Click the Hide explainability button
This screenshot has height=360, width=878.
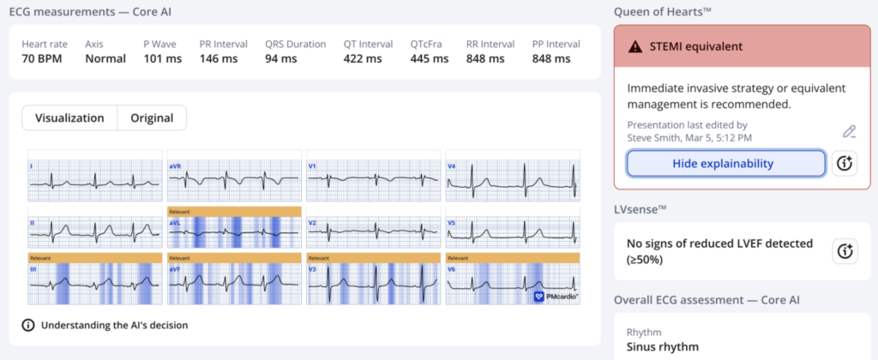click(x=725, y=163)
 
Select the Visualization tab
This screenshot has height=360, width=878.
click(x=69, y=117)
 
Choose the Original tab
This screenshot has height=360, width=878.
click(x=152, y=117)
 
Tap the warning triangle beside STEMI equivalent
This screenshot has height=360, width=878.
click(x=634, y=46)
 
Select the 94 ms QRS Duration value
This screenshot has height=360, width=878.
click(x=281, y=59)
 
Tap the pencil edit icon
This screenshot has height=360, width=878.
click(x=849, y=131)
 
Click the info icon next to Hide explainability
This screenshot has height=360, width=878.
click(x=845, y=163)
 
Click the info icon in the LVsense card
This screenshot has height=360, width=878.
click(x=845, y=251)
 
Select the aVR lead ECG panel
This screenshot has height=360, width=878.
click(x=233, y=177)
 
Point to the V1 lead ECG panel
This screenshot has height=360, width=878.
click(x=373, y=177)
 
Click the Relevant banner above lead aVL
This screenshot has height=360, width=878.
click(x=233, y=211)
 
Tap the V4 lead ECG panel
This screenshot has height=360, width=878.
click(x=513, y=177)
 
